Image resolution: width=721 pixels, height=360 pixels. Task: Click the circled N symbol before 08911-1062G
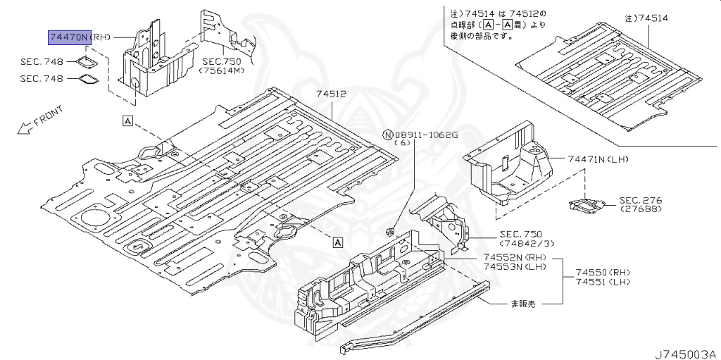coord(386,134)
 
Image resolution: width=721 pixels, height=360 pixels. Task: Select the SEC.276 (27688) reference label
coord(641,205)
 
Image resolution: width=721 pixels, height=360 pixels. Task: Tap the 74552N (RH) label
coord(515,258)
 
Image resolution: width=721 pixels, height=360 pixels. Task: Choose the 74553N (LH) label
coord(515,268)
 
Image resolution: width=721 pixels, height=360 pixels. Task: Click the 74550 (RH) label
coord(603,272)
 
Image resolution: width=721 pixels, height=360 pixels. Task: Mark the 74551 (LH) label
coord(603,282)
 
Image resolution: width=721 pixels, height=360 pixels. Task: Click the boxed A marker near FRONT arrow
coord(127,120)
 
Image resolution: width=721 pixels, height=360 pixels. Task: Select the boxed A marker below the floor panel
coord(337,242)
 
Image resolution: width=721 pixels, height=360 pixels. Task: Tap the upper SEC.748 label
coord(42,62)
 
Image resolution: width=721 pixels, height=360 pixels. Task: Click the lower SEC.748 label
coord(42,79)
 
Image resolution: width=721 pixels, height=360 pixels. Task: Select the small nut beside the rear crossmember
coord(389,230)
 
